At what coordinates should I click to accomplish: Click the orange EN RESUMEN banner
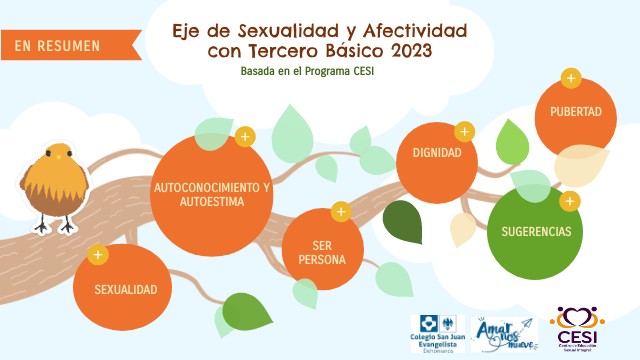[x=57, y=45]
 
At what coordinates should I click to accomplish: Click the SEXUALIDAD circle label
[x=126, y=289]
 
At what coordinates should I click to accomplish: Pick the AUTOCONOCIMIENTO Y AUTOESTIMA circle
[x=212, y=194]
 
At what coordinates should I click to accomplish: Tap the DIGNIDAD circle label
[x=430, y=154]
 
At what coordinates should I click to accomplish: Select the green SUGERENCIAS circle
[x=535, y=231]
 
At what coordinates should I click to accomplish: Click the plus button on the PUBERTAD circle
[x=570, y=78]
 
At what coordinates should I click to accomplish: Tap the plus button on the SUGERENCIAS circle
[x=569, y=201]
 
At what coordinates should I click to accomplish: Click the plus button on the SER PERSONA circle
[x=340, y=212]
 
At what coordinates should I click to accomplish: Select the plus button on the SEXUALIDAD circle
[x=98, y=255]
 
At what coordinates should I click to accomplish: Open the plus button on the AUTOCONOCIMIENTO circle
[x=244, y=135]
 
